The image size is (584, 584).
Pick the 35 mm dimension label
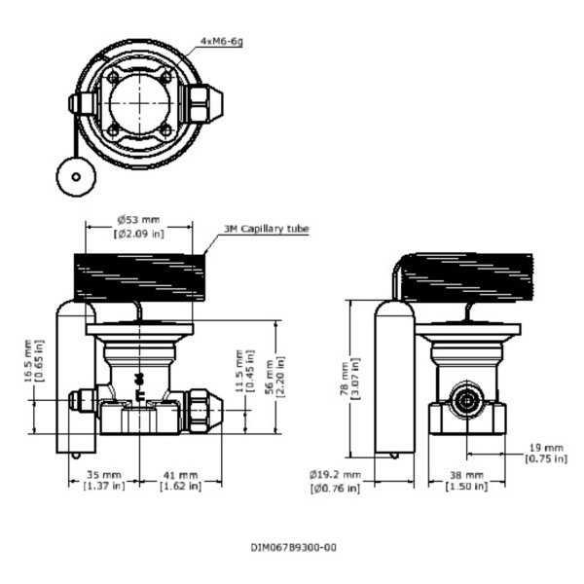[x=104, y=479]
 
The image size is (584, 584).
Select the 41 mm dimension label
[x=180, y=479]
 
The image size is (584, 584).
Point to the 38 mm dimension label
[x=465, y=480]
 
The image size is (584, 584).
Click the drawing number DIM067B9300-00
[x=293, y=547]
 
